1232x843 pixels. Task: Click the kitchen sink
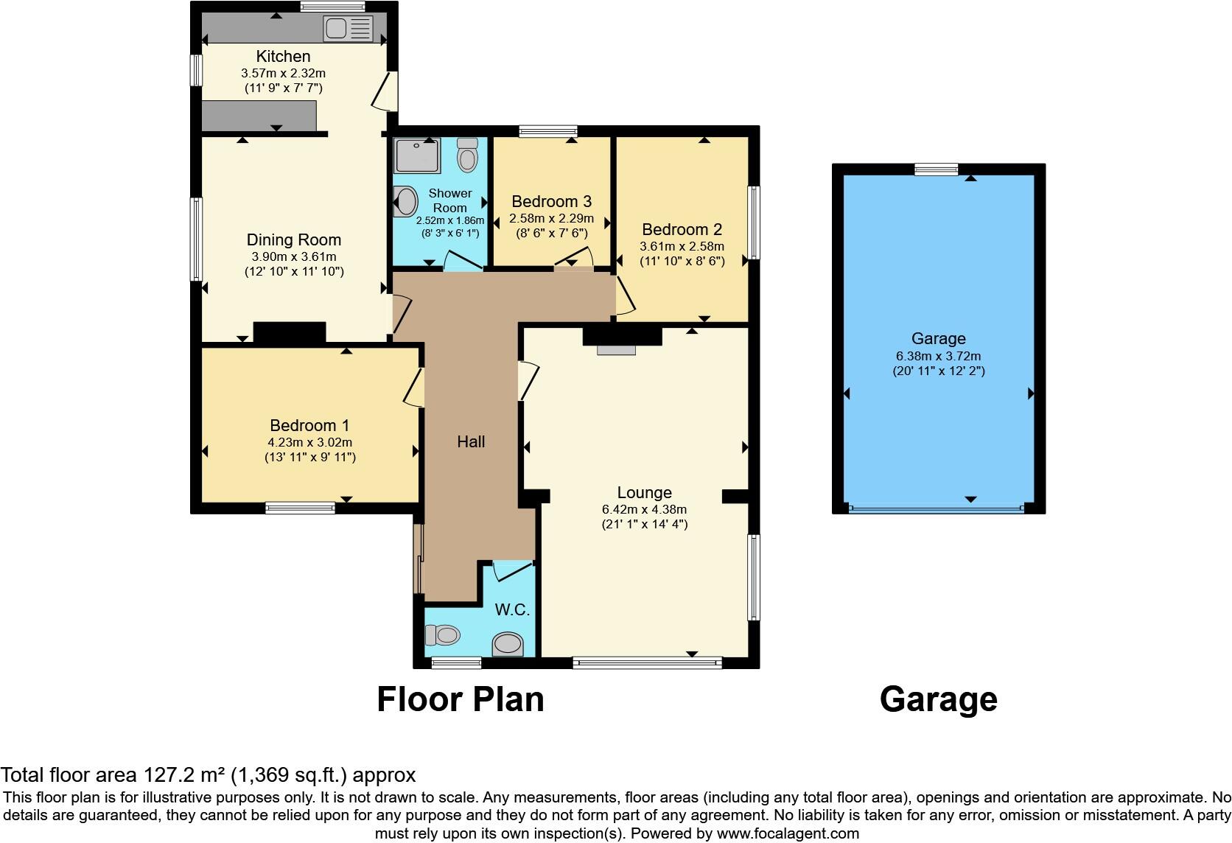click(349, 29)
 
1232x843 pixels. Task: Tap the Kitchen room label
click(283, 56)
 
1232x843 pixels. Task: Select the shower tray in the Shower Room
click(417, 155)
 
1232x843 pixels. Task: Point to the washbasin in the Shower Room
click(405, 201)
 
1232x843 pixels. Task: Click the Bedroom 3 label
click(551, 201)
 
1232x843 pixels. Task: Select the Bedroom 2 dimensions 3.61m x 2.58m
click(682, 246)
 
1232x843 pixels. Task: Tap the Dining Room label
click(293, 239)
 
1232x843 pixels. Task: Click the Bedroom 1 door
click(414, 387)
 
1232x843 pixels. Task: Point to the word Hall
click(471, 441)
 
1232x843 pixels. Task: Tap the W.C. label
click(512, 610)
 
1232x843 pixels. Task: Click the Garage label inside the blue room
click(938, 338)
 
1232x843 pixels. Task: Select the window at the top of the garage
click(937, 169)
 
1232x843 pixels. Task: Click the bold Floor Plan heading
click(461, 699)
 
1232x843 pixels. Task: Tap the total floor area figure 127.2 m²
click(183, 775)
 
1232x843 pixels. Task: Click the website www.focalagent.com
click(788, 834)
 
